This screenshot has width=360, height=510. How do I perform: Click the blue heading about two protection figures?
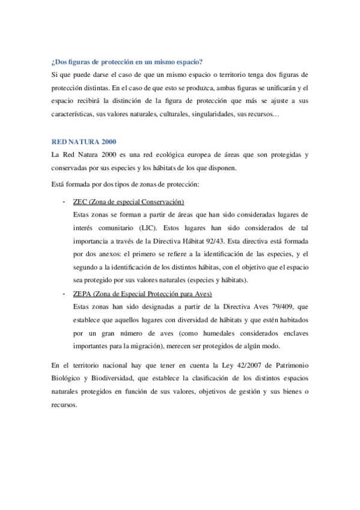(127, 63)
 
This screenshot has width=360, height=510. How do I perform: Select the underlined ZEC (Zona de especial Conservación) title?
(128, 201)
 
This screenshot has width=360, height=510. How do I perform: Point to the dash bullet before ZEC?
(64, 201)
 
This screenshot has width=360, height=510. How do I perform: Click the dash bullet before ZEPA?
(64, 293)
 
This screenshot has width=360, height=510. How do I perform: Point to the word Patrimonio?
(289, 366)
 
